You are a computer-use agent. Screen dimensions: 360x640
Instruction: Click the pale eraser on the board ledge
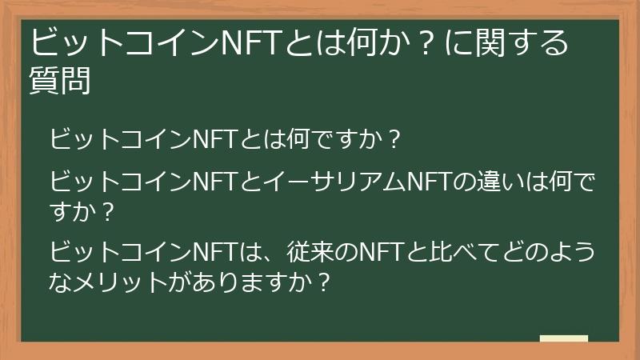(x=564, y=338)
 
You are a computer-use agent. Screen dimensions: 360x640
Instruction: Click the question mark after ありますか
(x=324, y=282)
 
